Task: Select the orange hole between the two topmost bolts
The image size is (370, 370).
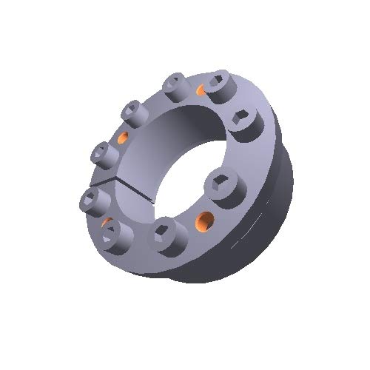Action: point(201,91)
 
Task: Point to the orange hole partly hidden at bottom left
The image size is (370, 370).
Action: point(107,222)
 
